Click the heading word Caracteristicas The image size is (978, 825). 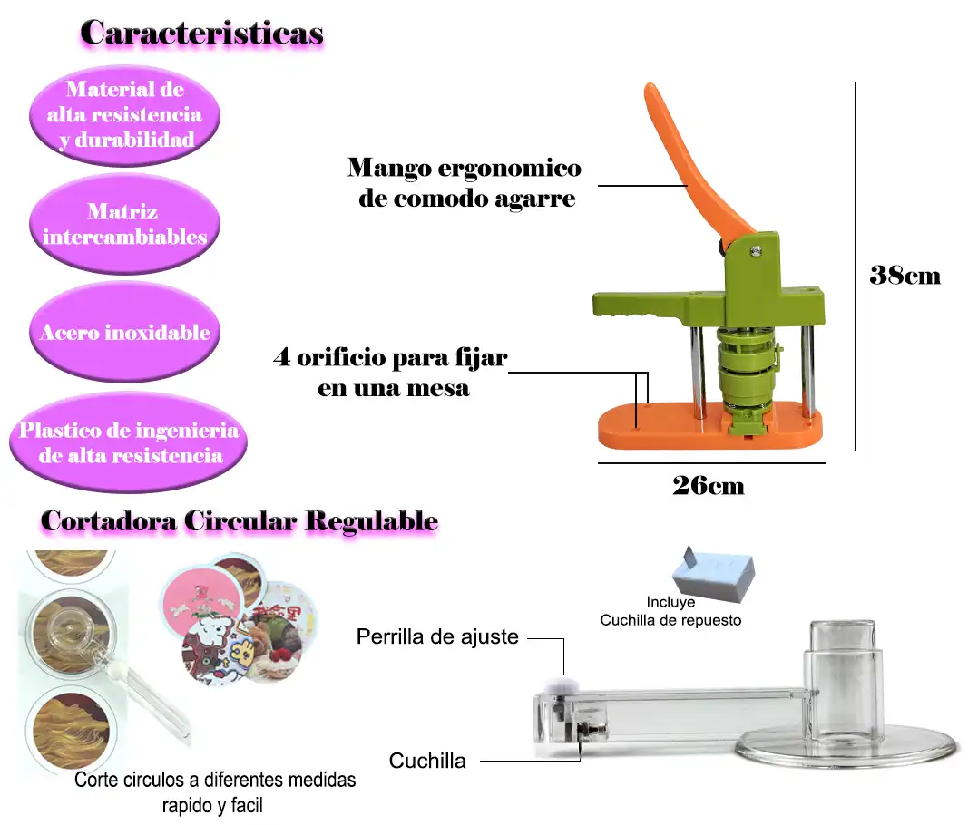click(x=201, y=33)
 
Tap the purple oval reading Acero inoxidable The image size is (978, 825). click(x=124, y=332)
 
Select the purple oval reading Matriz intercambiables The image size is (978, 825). click(x=124, y=224)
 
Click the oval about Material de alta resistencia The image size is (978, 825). click(x=124, y=114)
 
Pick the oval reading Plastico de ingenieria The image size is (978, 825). click(x=128, y=442)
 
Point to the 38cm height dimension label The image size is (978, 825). click(x=905, y=276)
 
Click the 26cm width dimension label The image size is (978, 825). click(x=708, y=486)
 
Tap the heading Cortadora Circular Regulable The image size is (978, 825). click(x=240, y=521)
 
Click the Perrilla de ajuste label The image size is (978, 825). click(x=437, y=636)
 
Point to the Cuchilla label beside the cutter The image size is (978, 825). click(x=427, y=761)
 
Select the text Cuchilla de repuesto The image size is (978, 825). click(x=670, y=620)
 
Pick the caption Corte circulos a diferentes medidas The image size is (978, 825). click(x=215, y=780)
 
